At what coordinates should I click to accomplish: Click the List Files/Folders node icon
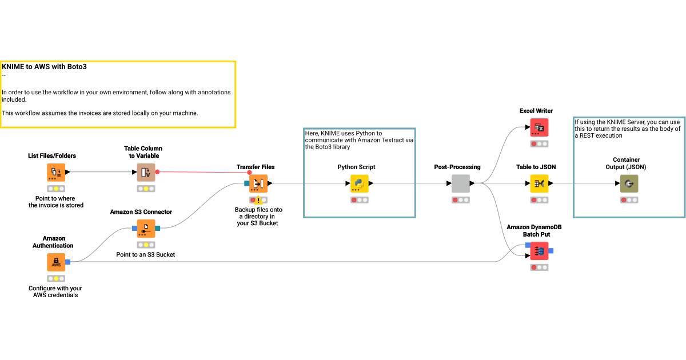pyautogui.click(x=55, y=171)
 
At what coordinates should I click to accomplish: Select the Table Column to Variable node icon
pyautogui.click(x=146, y=171)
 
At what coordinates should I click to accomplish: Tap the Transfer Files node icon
pyautogui.click(x=258, y=183)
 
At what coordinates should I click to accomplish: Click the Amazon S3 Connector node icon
pyautogui.click(x=146, y=229)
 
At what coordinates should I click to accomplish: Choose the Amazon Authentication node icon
pyautogui.click(x=55, y=262)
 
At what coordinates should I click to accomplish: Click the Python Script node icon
pyautogui.click(x=359, y=183)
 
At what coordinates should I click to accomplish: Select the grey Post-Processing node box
pyautogui.click(x=460, y=183)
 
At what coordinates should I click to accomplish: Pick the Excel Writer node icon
pyautogui.click(x=539, y=127)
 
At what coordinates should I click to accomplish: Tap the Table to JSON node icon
pyautogui.click(x=539, y=183)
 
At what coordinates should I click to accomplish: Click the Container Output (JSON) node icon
pyautogui.click(x=629, y=183)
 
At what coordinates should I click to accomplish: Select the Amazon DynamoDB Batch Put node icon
pyautogui.click(x=539, y=251)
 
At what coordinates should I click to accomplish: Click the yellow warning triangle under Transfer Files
pyautogui.click(x=258, y=200)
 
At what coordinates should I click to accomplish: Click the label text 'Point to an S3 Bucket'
pyautogui.click(x=145, y=254)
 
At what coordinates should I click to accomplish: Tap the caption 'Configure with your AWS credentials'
pyautogui.click(x=55, y=291)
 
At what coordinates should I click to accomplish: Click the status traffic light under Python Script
pyautogui.click(x=359, y=200)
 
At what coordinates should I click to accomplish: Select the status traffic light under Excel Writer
pyautogui.click(x=539, y=144)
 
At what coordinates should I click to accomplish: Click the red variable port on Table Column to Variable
pyautogui.click(x=157, y=171)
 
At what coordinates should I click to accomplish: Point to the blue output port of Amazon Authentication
pyautogui.click(x=67, y=262)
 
